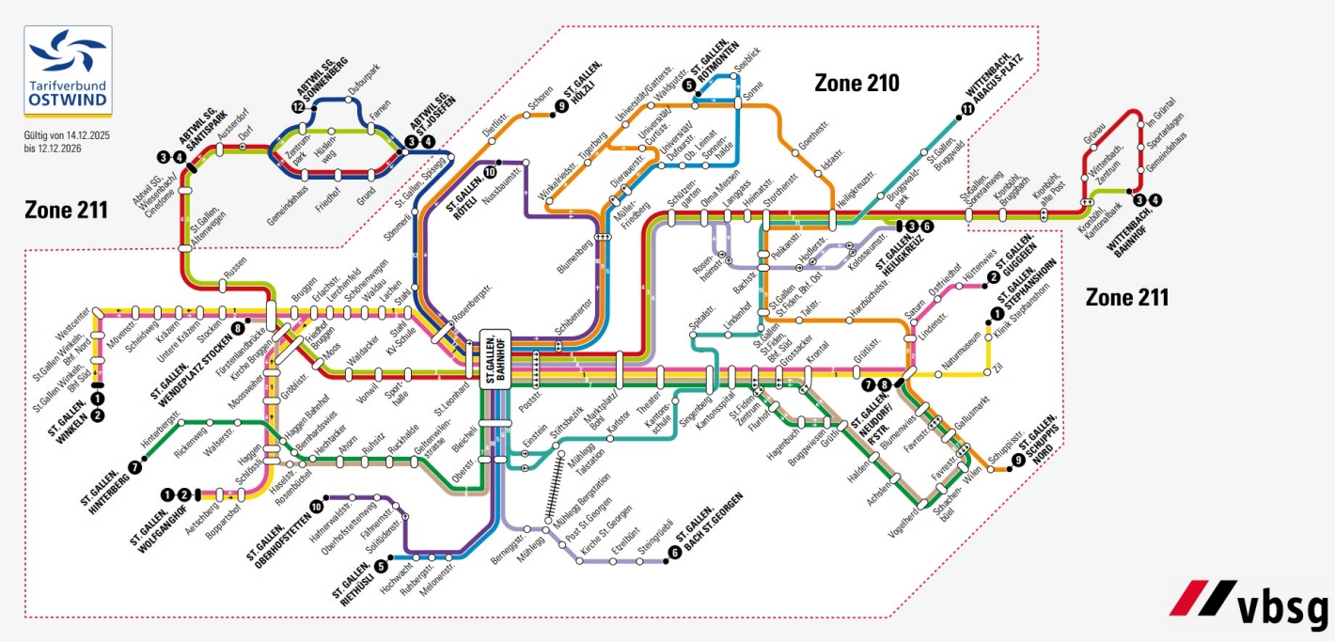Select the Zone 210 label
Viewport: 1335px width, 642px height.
tap(856, 84)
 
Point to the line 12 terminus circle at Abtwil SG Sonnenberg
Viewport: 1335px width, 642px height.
tap(299, 108)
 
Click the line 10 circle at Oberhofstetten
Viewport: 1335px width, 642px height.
tap(316, 507)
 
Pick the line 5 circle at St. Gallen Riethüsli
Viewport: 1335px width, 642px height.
tap(381, 566)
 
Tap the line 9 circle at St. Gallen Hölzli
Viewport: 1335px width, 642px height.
tap(562, 107)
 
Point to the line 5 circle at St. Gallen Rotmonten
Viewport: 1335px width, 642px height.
tap(690, 86)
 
